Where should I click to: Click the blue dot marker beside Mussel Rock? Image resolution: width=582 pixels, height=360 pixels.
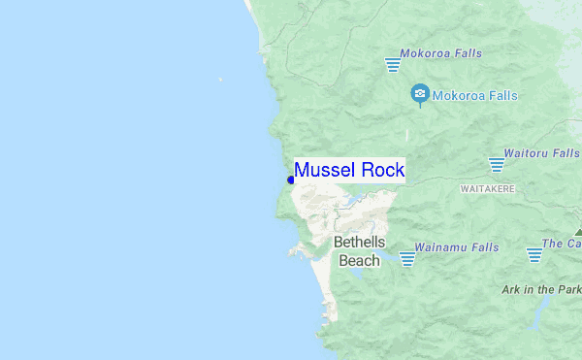tap(291, 180)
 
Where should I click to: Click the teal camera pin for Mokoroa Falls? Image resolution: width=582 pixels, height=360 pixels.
tap(420, 95)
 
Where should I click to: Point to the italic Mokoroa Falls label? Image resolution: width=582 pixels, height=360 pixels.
tap(441, 52)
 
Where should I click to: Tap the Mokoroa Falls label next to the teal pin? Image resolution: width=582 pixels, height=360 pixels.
tap(475, 96)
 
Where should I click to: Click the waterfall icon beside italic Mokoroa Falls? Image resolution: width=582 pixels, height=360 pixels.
tap(393, 64)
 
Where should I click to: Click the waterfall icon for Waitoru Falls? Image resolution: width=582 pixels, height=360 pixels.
tap(498, 165)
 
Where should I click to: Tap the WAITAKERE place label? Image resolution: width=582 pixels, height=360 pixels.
tap(487, 187)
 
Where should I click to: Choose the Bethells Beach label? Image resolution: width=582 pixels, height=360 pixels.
tap(359, 250)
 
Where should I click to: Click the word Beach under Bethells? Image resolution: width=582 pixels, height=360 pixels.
tap(359, 260)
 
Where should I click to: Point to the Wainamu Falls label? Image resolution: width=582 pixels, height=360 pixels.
tap(456, 247)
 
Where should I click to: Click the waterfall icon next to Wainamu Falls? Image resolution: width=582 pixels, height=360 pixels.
tap(407, 258)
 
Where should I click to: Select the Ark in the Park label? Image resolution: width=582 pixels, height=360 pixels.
tap(541, 289)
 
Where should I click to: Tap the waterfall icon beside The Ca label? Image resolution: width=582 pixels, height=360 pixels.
tap(534, 254)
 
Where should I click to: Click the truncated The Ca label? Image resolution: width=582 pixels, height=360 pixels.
tap(562, 244)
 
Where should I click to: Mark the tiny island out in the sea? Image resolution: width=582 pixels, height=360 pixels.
tap(220, 80)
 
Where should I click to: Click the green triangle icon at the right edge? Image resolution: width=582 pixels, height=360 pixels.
tap(578, 233)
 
